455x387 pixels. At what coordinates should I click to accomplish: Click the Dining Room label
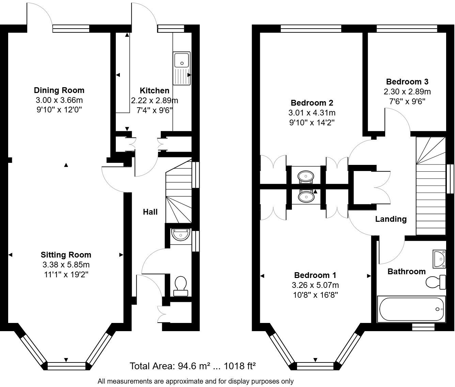[59, 90]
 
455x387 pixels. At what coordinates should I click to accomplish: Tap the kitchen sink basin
[182, 60]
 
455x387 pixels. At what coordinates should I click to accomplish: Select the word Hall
[150, 212]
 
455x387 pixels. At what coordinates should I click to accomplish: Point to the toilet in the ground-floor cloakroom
[181, 286]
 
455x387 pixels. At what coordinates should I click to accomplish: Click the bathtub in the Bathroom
[411, 309]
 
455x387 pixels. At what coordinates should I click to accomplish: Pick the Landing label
[391, 219]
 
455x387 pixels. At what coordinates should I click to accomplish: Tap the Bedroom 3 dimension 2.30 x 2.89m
[407, 92]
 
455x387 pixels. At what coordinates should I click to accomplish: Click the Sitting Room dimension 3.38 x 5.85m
[66, 265]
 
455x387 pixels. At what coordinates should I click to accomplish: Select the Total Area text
[193, 366]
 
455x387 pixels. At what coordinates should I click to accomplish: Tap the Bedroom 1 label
[315, 275]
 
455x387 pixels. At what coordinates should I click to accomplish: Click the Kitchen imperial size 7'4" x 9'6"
[154, 110]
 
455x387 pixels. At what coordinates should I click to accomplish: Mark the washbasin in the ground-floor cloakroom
[181, 235]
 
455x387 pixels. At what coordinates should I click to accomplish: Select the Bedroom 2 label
[312, 103]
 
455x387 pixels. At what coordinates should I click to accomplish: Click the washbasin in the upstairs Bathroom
[439, 259]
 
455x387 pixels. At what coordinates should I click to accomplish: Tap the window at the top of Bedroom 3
[407, 29]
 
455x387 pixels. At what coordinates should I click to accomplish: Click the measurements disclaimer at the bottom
[195, 381]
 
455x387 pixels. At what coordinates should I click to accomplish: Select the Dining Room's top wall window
[71, 29]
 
